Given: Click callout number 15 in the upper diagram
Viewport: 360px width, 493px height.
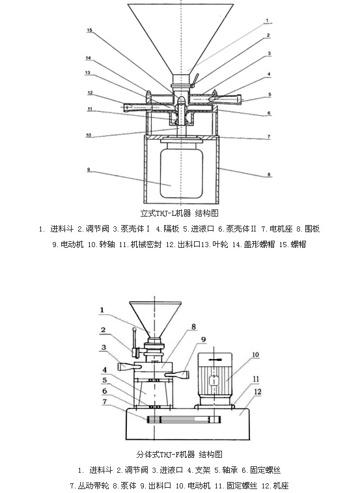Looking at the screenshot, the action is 90,30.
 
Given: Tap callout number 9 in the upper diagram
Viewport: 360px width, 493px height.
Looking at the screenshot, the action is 89,170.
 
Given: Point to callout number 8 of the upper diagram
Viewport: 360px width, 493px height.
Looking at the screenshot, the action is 269,174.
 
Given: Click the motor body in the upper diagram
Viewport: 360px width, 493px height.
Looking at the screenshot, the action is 181,173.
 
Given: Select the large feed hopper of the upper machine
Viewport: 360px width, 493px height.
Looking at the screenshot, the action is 180,39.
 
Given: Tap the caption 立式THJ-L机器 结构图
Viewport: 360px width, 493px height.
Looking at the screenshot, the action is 180,213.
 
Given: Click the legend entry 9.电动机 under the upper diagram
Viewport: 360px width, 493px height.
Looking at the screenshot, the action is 68,245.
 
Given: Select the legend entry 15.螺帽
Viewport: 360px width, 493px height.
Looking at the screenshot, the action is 293,245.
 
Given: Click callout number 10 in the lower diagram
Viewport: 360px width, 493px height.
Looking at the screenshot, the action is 255,355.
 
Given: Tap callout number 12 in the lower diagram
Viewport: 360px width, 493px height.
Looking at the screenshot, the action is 258,392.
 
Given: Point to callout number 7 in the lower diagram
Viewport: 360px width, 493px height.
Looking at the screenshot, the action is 105,401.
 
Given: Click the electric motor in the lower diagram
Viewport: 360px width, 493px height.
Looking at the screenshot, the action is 215,379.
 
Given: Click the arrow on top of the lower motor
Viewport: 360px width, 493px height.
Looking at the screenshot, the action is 215,360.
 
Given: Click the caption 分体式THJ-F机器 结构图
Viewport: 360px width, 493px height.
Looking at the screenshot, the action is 180,455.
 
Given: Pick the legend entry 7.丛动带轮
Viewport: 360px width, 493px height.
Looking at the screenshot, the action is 89,486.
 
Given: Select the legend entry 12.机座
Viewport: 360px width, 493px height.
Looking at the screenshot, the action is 275,486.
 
